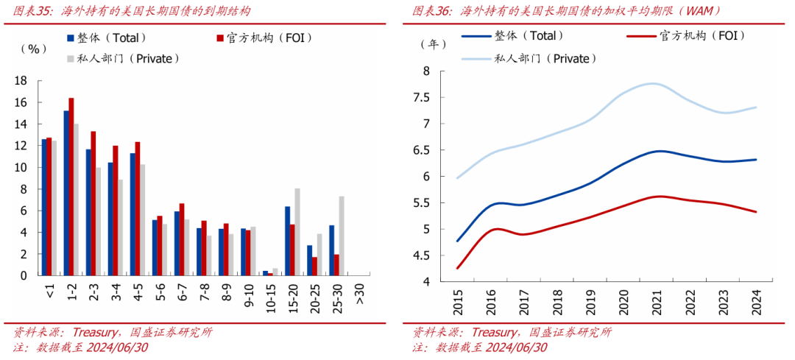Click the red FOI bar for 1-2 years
pos(71,186)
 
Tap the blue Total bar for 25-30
pos(331,250)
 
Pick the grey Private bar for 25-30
pos(342,236)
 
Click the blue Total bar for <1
pos(43,207)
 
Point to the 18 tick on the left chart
pos(21,81)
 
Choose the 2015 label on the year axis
pos(458,301)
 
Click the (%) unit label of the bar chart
pos(33,49)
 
